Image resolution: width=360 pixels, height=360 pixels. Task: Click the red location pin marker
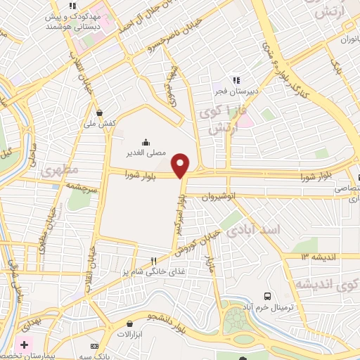click(x=181, y=165)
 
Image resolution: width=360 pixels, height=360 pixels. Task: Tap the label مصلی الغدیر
click(x=146, y=152)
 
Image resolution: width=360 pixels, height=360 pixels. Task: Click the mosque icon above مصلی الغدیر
click(x=146, y=141)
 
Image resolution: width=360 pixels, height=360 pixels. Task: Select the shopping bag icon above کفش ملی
click(x=100, y=112)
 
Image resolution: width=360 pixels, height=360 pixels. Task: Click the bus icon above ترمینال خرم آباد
click(x=266, y=296)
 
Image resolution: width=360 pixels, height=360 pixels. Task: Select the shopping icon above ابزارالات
click(x=129, y=324)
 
